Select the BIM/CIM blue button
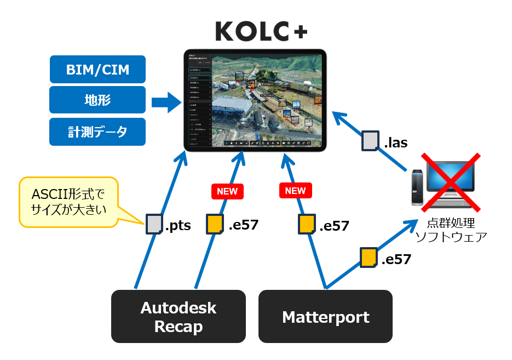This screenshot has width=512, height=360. click(x=97, y=70)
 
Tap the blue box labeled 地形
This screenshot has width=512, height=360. click(x=97, y=100)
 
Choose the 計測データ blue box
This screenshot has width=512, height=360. click(x=97, y=132)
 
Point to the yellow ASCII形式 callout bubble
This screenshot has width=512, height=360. click(x=68, y=202)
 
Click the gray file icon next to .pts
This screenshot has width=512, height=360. click(x=154, y=224)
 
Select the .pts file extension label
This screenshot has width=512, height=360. click(x=178, y=225)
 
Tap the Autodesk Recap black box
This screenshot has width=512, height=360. click(x=178, y=316)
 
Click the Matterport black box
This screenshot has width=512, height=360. click(x=325, y=316)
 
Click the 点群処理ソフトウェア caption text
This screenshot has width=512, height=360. click(x=451, y=231)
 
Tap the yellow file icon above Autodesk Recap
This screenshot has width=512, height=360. click(x=215, y=224)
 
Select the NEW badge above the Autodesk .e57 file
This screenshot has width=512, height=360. click(x=227, y=191)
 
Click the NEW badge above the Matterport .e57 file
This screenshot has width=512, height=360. click(x=295, y=191)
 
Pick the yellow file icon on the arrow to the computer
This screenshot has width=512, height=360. click(x=368, y=258)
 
